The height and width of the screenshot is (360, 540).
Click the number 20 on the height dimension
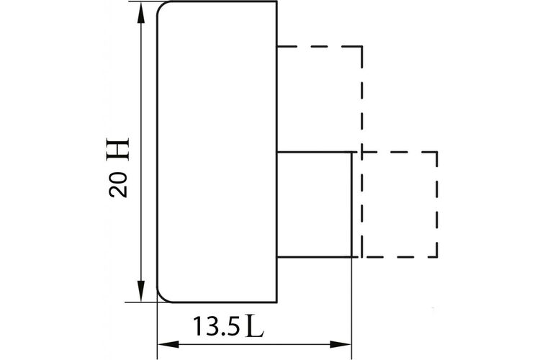click(118, 184)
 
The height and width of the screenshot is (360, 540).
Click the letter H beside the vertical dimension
click(118, 149)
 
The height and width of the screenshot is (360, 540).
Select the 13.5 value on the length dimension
click(216, 326)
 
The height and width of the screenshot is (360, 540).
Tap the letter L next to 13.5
click(255, 326)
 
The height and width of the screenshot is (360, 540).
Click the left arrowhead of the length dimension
click(168, 344)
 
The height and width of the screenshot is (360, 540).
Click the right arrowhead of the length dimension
click(341, 344)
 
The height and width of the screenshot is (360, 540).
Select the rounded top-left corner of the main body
click(161, 6)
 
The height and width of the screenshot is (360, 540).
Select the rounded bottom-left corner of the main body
click(161, 298)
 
